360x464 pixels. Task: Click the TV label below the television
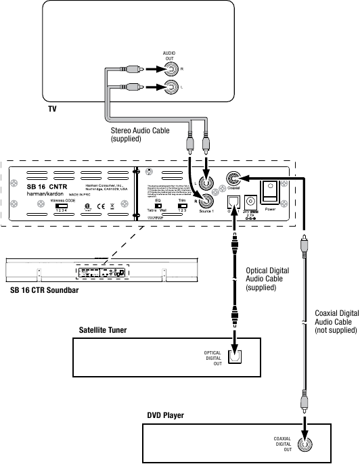click(x=53, y=109)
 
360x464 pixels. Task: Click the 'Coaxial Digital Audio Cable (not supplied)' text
click(x=337, y=321)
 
